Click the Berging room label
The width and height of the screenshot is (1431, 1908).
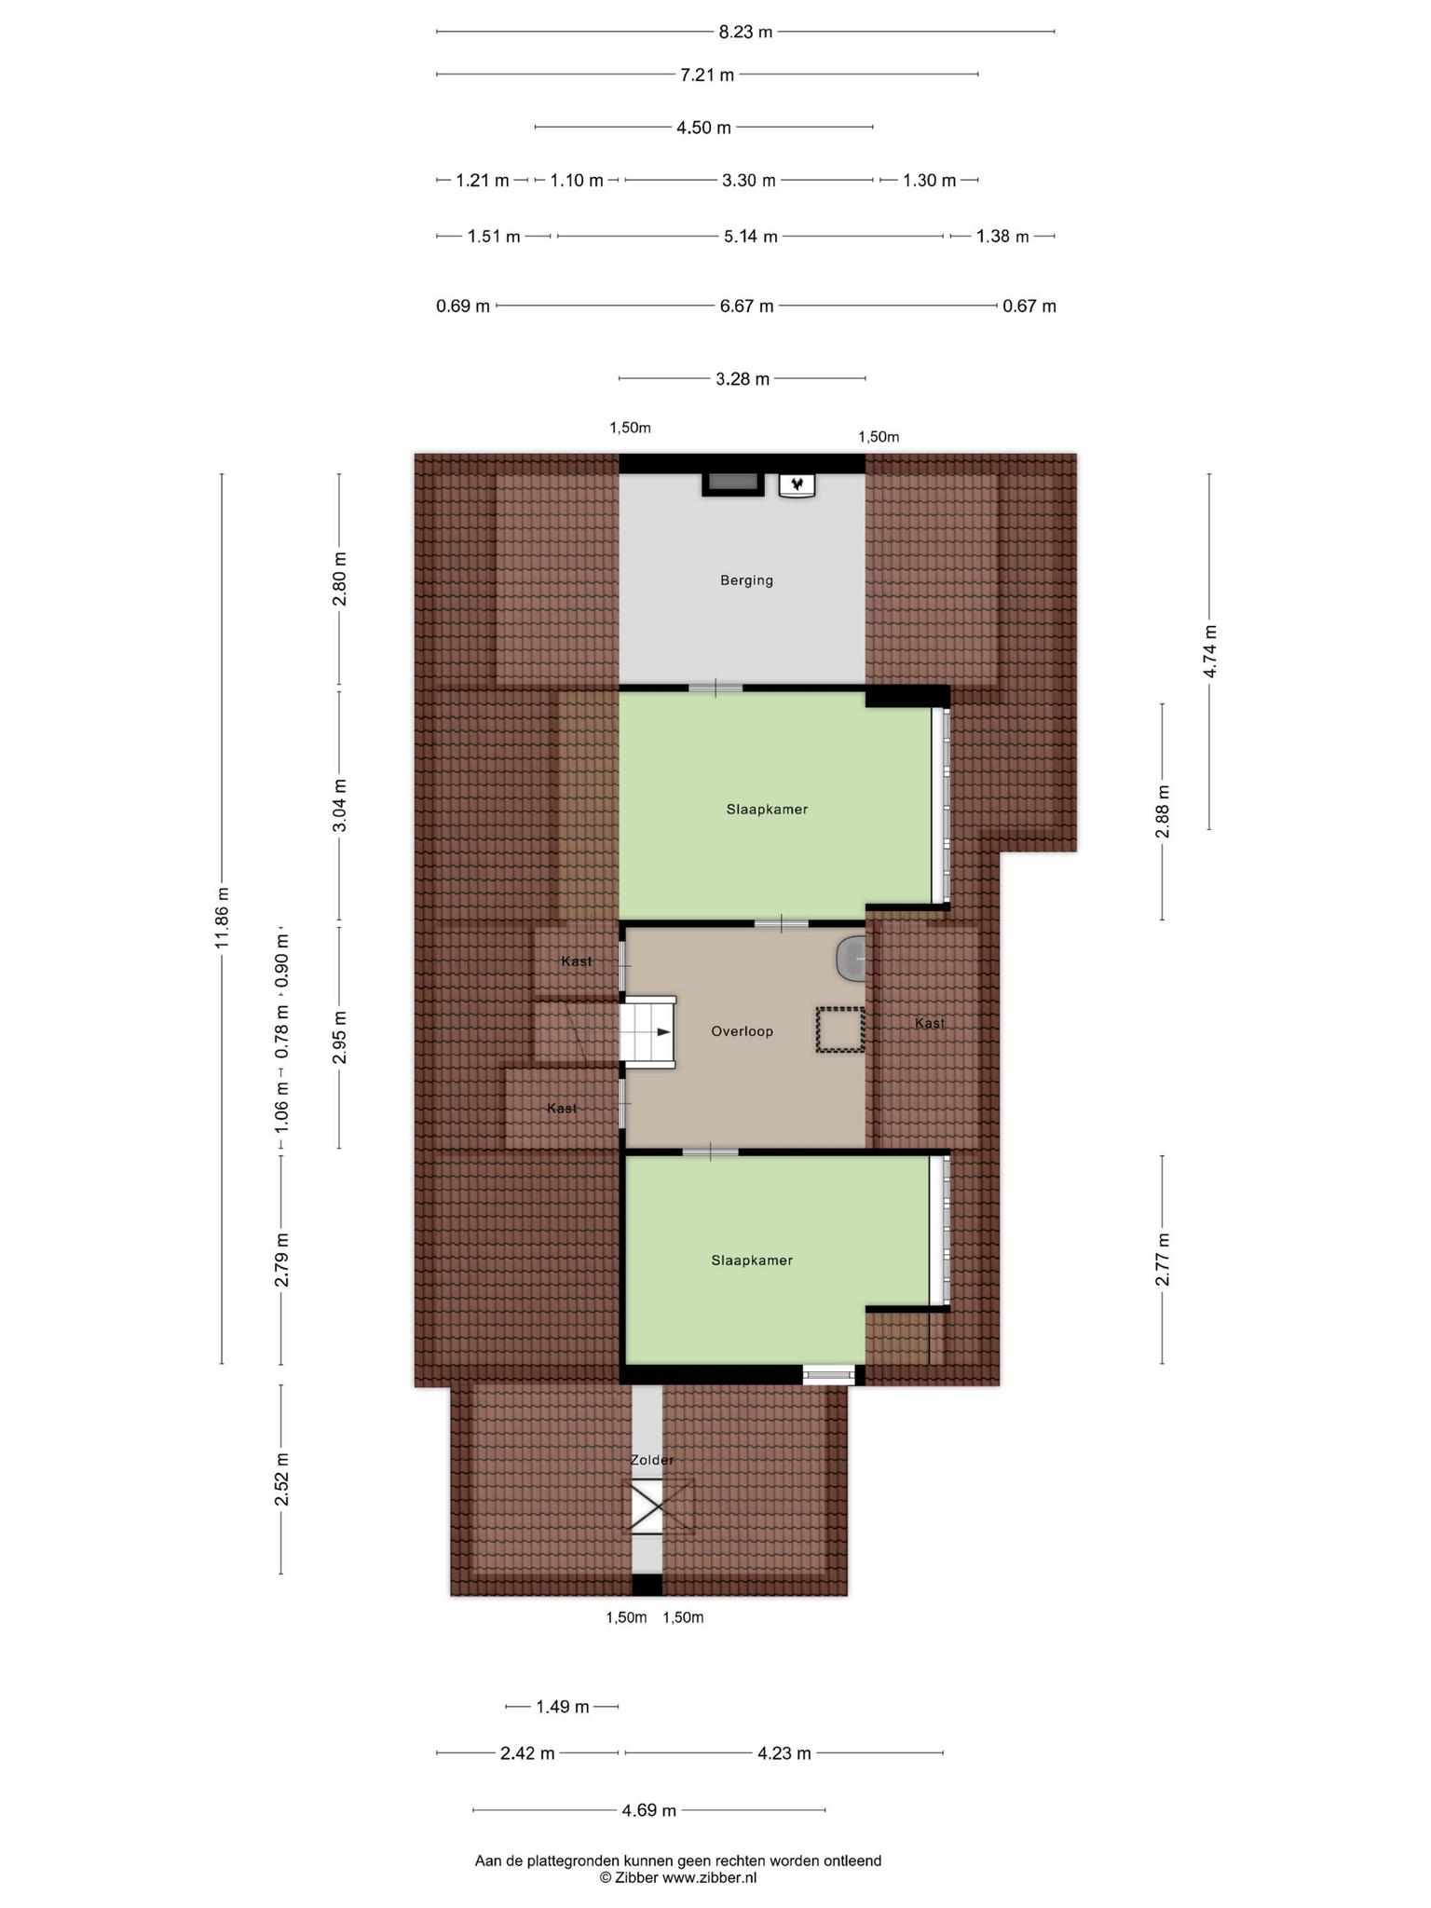tap(746, 580)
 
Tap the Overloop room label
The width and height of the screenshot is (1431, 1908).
tap(742, 1031)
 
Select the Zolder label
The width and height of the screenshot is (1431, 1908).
tap(651, 1460)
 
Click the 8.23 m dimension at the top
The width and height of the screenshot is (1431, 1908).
tap(745, 32)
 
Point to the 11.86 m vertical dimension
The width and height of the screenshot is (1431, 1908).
tap(222, 918)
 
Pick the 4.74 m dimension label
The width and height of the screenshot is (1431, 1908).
tap(1209, 651)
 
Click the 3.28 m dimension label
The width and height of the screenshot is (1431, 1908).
tap(743, 378)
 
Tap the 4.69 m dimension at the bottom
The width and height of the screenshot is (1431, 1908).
tap(649, 1810)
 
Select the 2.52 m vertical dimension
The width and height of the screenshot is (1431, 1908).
tap(281, 1479)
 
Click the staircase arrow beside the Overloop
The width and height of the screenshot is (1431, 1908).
tap(661, 1032)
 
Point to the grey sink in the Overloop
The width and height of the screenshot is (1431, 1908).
tap(851, 959)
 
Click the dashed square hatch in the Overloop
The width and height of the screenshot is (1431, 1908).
tap(840, 1029)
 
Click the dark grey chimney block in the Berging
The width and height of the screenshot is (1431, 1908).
tap(732, 484)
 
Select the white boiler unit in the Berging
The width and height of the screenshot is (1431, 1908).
tap(797, 484)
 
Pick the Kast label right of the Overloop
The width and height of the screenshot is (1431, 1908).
tap(930, 1023)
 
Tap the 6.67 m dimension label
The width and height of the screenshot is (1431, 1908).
tap(746, 306)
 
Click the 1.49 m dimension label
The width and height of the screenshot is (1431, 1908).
tap(562, 1707)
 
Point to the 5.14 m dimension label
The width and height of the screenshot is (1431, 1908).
tap(750, 237)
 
